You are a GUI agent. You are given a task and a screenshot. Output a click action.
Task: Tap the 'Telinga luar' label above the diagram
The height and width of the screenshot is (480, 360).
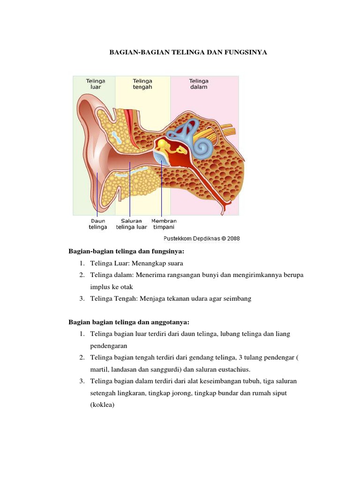[x=95, y=84]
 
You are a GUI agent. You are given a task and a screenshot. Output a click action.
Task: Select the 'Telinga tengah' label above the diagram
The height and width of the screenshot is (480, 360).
[x=142, y=84]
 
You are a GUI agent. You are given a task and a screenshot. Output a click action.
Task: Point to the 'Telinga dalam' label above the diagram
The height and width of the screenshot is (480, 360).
[x=199, y=84]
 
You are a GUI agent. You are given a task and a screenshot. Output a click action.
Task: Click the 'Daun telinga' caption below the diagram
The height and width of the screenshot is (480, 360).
[x=97, y=224]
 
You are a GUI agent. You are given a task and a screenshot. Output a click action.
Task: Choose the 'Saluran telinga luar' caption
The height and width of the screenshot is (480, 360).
[x=131, y=224]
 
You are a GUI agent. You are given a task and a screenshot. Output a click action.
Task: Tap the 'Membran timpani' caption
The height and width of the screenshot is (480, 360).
[x=164, y=224]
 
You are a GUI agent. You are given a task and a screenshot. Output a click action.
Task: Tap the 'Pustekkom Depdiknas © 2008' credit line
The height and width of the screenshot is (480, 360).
[x=202, y=238]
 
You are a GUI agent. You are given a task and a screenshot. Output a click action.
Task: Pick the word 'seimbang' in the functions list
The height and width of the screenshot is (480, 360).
[x=238, y=299]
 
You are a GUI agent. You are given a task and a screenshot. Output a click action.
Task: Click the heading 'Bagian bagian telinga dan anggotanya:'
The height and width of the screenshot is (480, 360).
[x=129, y=322]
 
